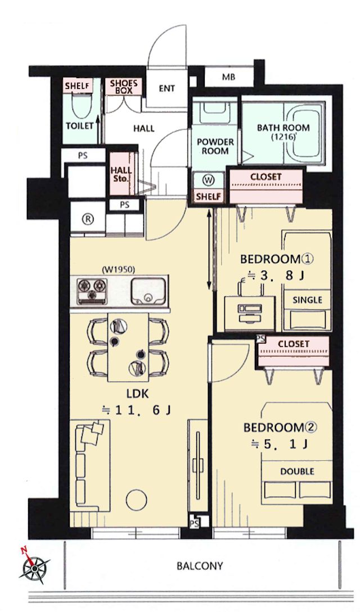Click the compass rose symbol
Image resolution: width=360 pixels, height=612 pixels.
34,568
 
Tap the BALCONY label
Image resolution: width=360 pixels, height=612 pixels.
200,565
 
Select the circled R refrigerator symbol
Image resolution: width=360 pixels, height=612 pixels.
88,219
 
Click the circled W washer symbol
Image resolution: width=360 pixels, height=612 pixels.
209,180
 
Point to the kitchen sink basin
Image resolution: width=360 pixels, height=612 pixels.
147,291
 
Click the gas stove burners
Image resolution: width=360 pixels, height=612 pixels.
92,291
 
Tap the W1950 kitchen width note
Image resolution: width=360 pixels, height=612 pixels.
118,269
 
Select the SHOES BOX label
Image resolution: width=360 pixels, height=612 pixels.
123,87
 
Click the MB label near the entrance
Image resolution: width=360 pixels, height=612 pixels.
228,77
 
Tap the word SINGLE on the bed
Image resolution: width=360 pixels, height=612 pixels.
307,300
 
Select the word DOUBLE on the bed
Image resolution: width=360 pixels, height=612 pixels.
297,471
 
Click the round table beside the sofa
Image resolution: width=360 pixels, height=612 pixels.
136,499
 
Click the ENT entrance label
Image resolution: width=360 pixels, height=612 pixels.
166,89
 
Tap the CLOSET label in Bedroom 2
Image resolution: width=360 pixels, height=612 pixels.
293,344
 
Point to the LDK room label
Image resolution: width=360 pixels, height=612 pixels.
137,394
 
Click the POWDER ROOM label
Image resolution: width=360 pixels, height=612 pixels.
215,146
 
